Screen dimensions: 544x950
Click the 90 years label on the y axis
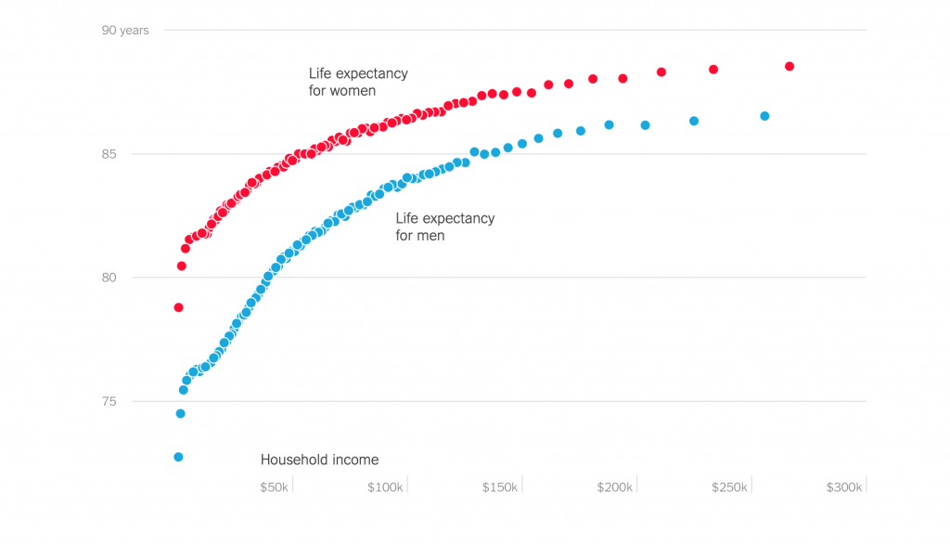(124, 31)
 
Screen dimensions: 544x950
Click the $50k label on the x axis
(274, 487)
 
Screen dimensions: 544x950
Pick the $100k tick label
(385, 487)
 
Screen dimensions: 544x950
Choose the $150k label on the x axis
(500, 487)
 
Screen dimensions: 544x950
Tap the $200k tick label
(615, 487)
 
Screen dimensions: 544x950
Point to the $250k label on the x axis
(730, 487)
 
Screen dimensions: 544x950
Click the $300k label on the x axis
(844, 487)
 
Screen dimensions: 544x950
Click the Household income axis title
(319, 460)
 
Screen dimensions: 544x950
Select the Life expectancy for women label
(358, 82)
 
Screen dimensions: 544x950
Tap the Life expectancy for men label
(445, 227)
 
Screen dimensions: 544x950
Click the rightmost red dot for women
(790, 67)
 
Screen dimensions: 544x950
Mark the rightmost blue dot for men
(764, 116)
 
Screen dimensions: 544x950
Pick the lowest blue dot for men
(178, 457)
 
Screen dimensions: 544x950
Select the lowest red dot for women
(178, 307)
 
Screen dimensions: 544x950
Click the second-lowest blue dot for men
(180, 414)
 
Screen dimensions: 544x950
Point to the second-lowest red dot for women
(182, 266)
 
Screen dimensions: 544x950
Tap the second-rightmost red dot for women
(713, 70)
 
